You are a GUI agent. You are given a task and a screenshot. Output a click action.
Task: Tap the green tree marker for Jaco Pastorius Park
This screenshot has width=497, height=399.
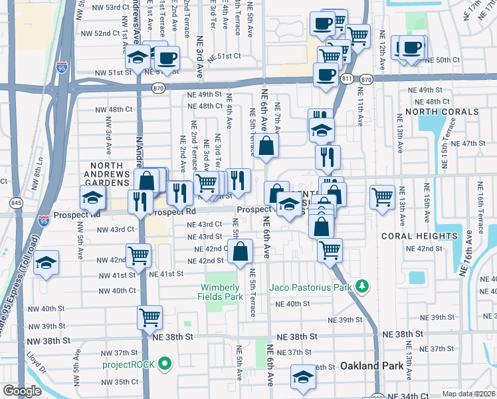coord(361,287)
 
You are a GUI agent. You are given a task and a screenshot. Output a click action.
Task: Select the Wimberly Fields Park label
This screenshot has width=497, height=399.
coord(222,292)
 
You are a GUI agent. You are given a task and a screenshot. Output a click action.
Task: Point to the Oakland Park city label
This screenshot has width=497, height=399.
coord(368,366)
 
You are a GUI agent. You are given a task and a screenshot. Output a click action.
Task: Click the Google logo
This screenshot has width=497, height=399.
coord(22,391)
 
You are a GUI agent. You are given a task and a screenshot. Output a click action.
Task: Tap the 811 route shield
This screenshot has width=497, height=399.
coord(346,78)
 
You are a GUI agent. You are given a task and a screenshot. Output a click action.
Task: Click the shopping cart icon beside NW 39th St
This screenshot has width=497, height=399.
coord(149,317)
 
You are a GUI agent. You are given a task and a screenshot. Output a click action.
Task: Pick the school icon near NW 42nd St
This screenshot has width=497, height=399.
coord(47,263)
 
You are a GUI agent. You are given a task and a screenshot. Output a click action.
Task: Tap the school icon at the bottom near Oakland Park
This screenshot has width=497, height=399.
coord(303,376)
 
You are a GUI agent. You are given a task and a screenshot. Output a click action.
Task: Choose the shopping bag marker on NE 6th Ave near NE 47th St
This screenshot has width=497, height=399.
coord(266,146)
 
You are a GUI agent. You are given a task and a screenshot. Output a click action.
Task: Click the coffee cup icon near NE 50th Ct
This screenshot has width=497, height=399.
coord(412,47)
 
